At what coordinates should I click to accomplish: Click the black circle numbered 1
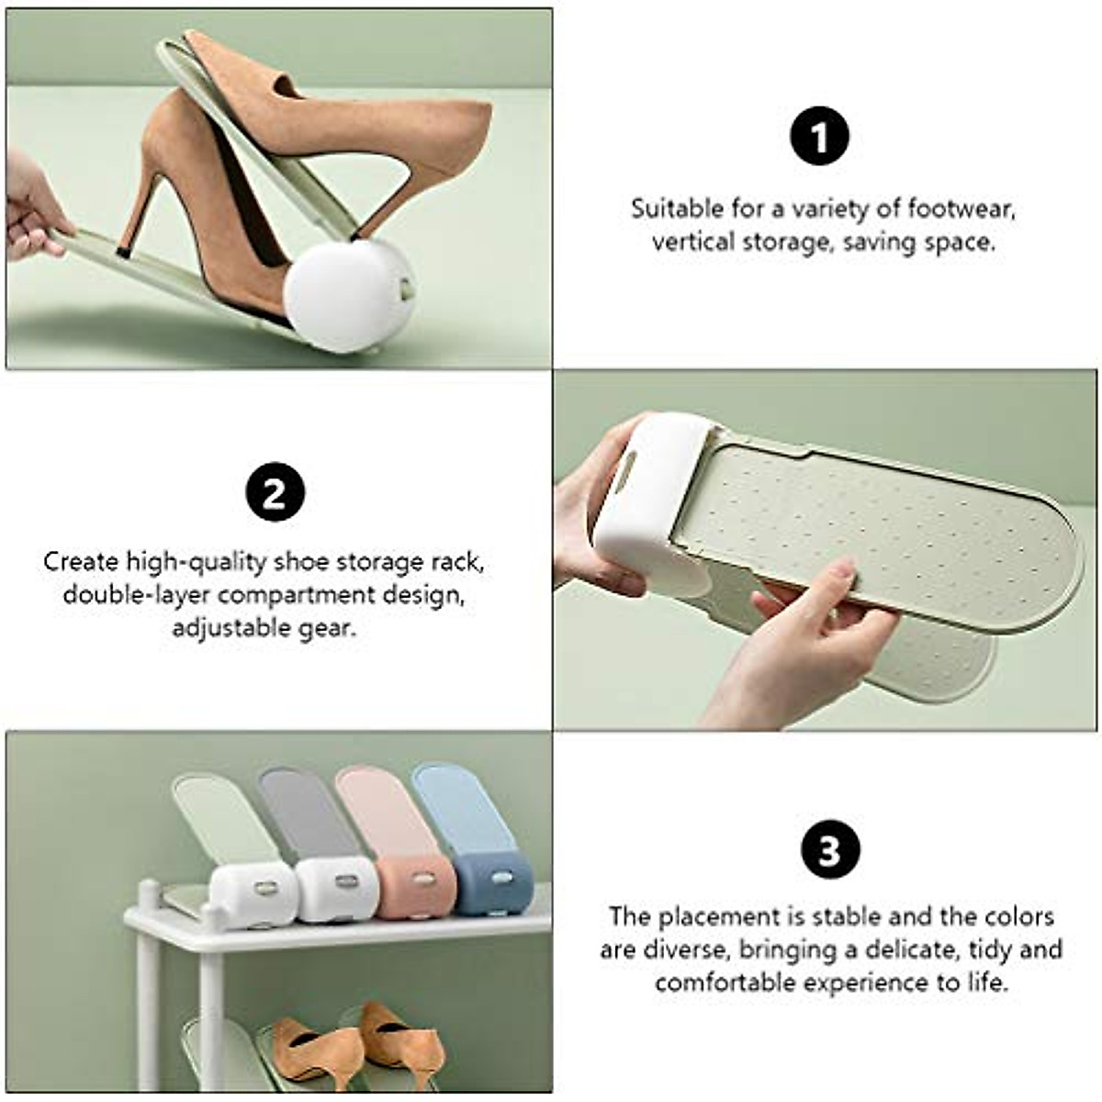[x=820, y=138]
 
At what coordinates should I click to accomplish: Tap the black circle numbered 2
[x=275, y=492]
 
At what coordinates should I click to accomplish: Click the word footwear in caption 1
[x=961, y=208]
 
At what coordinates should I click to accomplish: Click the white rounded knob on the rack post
[x=147, y=891]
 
